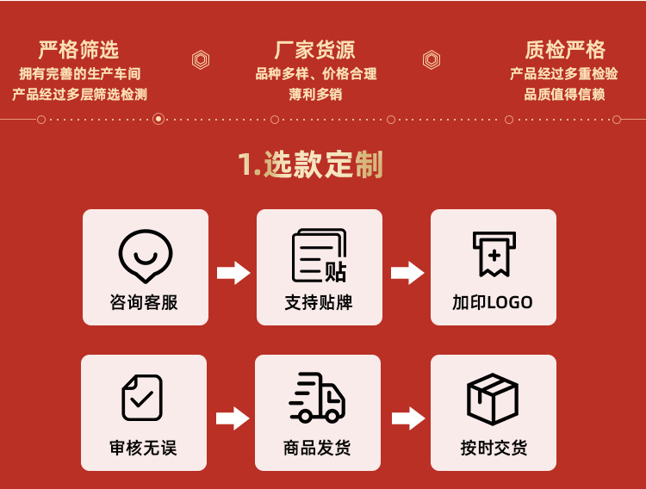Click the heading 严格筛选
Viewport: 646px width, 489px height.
[78, 49]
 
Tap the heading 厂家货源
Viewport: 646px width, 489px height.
[315, 49]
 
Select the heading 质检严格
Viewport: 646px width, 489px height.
[565, 49]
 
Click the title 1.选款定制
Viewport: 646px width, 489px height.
[310, 164]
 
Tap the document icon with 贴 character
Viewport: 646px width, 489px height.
[320, 256]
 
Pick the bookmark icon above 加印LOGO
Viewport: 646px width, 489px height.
[494, 254]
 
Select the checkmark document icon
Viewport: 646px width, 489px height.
[142, 398]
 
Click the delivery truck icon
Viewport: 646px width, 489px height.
[317, 398]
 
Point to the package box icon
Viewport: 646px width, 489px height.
[493, 399]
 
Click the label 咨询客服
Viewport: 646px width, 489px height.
[145, 302]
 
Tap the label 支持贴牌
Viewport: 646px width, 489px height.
[319, 302]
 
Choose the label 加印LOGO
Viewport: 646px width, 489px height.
[493, 302]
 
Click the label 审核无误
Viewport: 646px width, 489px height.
[143, 448]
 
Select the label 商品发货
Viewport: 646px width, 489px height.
[317, 448]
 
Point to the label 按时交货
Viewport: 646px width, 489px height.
[494, 448]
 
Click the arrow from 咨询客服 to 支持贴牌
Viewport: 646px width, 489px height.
[233, 273]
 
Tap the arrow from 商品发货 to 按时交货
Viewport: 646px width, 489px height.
[408, 419]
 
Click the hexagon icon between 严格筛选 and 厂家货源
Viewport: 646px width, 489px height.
[201, 59]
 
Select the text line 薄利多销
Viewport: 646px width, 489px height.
[315, 95]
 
